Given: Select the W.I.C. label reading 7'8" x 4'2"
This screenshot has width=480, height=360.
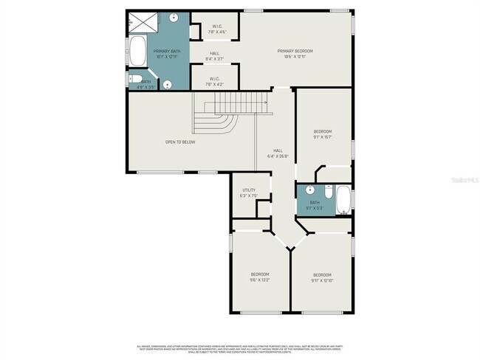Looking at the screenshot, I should [x=215, y=81].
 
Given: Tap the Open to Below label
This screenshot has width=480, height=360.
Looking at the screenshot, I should [x=180, y=142].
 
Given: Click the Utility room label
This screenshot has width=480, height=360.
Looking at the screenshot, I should [x=249, y=193].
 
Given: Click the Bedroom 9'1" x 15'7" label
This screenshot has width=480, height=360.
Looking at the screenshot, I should [x=322, y=134].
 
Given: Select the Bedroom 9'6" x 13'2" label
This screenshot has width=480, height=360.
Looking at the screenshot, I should [x=260, y=277].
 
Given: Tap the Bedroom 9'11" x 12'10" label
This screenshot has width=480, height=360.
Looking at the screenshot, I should [x=321, y=277].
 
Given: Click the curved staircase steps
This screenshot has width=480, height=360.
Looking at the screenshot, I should [x=225, y=118].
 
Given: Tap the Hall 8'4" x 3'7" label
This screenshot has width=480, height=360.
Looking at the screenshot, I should [x=215, y=55].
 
